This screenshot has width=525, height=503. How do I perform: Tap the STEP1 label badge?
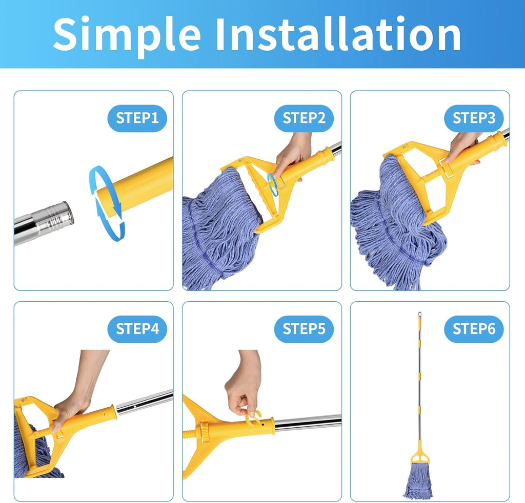(137, 118)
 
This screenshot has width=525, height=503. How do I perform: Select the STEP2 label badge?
(304, 118)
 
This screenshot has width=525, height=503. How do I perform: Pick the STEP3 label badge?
(473, 118)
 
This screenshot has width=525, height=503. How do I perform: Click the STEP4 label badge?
(137, 328)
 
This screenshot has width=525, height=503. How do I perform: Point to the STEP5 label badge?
(304, 328)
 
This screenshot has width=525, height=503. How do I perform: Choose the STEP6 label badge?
(473, 328)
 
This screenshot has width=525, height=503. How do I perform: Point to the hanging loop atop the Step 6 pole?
(419, 313)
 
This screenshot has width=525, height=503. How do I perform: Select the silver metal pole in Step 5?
(308, 423)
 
